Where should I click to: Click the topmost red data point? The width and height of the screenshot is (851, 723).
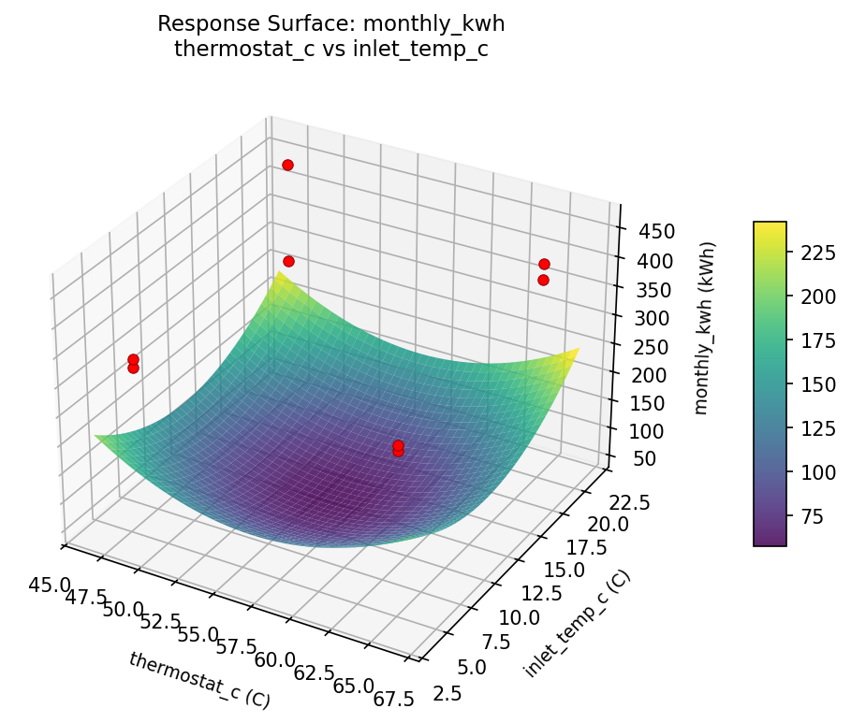tap(287, 165)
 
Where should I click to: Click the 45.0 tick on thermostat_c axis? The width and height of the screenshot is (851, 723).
tap(50, 586)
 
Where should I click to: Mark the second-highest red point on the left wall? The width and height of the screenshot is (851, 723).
tap(288, 261)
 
